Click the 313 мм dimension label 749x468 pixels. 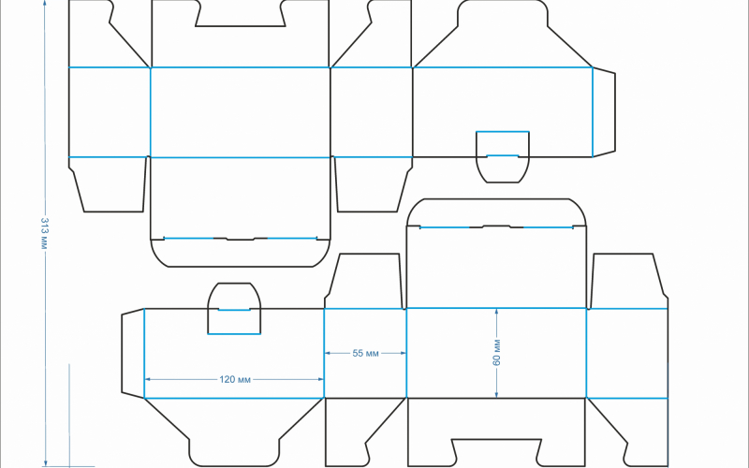[44, 233]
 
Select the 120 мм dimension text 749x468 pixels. [235, 380]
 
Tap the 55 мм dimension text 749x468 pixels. [365, 354]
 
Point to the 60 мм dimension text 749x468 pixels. [496, 353]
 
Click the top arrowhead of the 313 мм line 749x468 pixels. [45, 4]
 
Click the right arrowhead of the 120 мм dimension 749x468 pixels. [320, 379]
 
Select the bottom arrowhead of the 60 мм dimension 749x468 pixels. [496, 394]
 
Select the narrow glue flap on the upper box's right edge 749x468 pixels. [604, 112]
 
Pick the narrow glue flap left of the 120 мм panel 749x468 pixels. [133, 354]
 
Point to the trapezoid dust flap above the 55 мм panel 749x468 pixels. [365, 281]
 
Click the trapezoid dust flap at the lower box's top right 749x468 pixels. [627, 281]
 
